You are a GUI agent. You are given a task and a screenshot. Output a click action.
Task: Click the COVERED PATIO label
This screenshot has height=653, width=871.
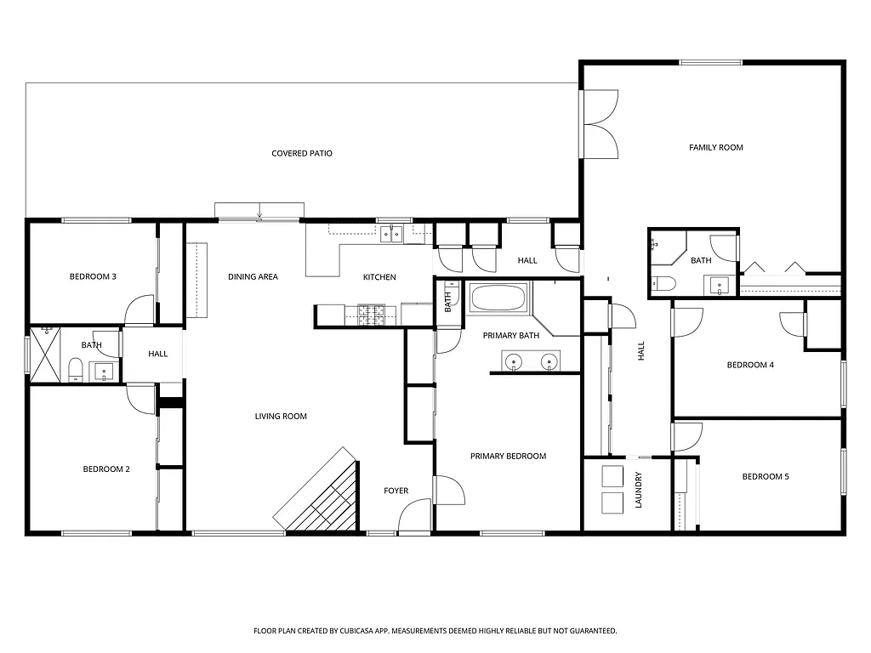(301, 154)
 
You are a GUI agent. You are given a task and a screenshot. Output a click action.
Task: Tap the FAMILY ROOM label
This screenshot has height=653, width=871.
(715, 147)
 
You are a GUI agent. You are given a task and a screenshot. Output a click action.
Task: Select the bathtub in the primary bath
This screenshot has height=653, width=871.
(498, 298)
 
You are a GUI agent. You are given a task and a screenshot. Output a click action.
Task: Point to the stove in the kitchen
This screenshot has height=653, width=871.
(371, 315)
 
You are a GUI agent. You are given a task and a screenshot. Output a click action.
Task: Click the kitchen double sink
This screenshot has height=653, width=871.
(392, 234)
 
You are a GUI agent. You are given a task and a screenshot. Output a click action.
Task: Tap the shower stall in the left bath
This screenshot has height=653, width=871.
(46, 354)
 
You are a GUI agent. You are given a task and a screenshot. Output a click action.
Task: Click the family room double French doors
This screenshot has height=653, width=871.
(600, 123)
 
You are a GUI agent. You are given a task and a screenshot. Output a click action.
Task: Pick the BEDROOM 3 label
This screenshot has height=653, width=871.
(93, 276)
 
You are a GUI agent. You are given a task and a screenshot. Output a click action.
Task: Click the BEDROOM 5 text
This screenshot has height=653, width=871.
(765, 477)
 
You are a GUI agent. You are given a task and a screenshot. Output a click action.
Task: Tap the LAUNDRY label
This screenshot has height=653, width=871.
(639, 491)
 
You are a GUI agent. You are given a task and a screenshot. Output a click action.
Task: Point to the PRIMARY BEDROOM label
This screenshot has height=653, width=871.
(508, 457)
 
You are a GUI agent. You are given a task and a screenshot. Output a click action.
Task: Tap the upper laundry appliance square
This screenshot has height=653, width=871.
(612, 475)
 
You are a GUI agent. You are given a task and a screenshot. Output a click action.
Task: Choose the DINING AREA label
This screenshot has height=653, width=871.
(253, 277)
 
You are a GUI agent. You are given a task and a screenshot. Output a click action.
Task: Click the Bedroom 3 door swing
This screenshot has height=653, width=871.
(139, 310)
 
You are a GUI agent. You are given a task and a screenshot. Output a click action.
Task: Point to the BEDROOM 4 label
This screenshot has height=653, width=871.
(749, 366)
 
